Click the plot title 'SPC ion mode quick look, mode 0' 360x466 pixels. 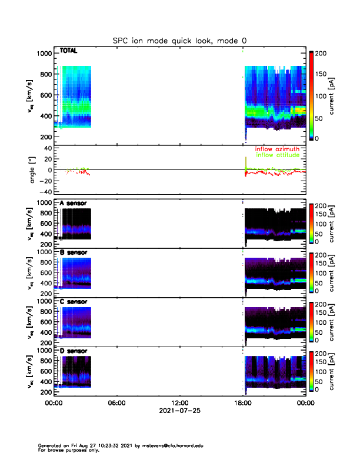[179, 41]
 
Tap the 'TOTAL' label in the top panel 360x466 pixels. [69, 52]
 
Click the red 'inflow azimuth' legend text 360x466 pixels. [278, 149]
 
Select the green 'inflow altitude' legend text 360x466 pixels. [278, 155]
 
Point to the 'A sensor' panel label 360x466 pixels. [73, 203]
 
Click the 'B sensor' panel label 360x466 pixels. [73, 252]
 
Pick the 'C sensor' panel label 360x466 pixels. [73, 302]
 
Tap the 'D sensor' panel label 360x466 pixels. [73, 351]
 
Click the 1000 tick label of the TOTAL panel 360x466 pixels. [44, 54]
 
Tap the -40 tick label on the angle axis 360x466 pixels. [45, 192]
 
